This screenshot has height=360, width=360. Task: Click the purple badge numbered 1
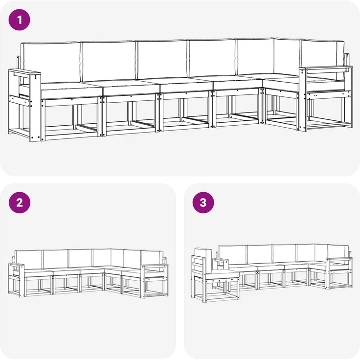point(20,20)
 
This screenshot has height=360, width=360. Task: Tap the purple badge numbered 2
point(20,202)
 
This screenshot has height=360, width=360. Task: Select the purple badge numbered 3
point(203,202)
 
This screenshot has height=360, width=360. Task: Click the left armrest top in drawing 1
point(24,73)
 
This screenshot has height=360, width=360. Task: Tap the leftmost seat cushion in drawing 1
point(71,90)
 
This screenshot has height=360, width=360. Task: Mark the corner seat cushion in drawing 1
point(281,82)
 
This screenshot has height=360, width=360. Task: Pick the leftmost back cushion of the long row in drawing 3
point(232,254)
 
